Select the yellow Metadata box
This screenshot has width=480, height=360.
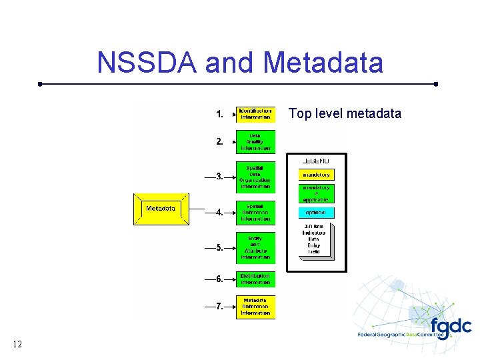pos(161,209)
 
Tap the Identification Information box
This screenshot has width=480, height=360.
pos(255,114)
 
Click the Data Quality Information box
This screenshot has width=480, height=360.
pos(255,142)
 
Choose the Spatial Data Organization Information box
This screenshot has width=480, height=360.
pos(255,177)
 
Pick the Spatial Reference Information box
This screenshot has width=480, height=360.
pos(255,213)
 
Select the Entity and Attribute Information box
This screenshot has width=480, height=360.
pos(255,247)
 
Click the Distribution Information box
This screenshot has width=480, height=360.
pos(255,279)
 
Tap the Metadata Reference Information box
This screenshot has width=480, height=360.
pos(255,307)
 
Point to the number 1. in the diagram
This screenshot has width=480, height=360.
pos(220,115)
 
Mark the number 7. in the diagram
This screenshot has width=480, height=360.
pos(219,307)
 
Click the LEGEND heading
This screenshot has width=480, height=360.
pos(315,161)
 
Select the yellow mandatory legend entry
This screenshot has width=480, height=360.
pos(316,175)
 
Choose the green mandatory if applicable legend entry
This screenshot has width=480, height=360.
pos(316,193)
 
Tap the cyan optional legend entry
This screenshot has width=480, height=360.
pos(316,213)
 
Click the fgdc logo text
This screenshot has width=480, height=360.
pos(450,327)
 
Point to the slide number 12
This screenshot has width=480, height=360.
pos(17,344)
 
